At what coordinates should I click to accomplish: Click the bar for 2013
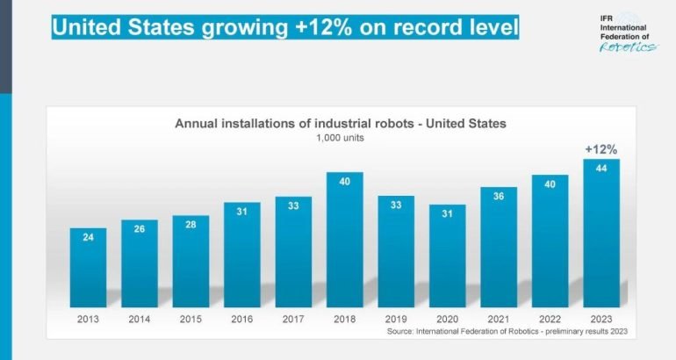coord(88,267)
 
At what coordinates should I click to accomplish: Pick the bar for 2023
coord(601,233)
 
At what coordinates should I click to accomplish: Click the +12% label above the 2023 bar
coord(601,149)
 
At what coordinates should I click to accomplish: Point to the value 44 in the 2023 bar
coord(601,169)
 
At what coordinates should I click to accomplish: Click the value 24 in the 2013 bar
coord(88,237)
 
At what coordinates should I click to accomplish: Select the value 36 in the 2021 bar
coord(499,197)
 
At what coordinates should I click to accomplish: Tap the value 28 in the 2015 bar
coord(191,225)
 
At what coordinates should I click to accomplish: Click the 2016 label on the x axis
coord(242,319)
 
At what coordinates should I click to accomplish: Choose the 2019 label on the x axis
coord(396,319)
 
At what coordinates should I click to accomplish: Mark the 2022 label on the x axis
coord(550,319)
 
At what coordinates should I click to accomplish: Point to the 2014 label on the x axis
coord(140,319)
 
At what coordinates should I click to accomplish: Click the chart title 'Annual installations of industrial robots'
coord(341,124)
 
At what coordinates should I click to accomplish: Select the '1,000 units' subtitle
coord(340,138)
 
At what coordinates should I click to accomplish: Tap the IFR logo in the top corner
coord(626,33)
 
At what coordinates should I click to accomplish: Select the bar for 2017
coord(293,250)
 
